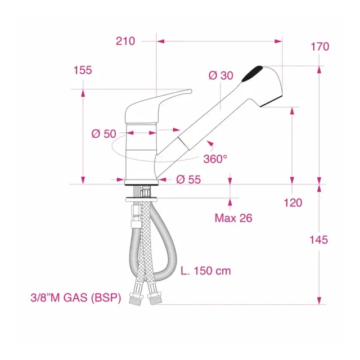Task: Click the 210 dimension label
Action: [x=126, y=41]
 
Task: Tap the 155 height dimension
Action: [x=82, y=70]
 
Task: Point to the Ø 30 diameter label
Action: [x=220, y=75]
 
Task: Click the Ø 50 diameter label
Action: [x=103, y=133]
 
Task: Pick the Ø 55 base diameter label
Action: [x=188, y=179]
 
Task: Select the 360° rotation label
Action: [x=215, y=159]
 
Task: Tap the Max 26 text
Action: [x=233, y=218]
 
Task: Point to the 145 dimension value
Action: [x=318, y=240]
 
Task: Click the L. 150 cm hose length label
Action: [x=206, y=271]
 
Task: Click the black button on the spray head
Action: [x=251, y=74]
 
